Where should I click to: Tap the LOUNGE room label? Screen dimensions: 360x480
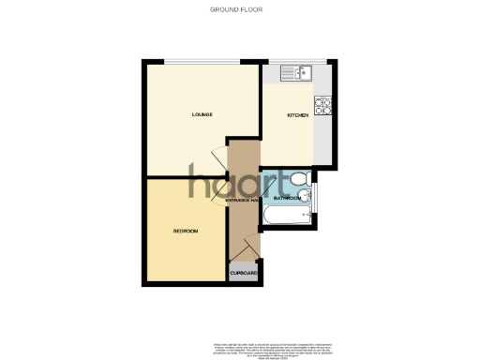(x=202, y=115)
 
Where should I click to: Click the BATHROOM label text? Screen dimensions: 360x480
(x=287, y=199)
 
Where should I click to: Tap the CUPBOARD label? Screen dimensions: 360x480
(x=243, y=272)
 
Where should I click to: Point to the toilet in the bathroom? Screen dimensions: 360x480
(x=297, y=178)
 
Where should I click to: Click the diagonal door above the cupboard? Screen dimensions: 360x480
(x=239, y=247)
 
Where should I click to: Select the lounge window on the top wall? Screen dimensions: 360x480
(x=203, y=62)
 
